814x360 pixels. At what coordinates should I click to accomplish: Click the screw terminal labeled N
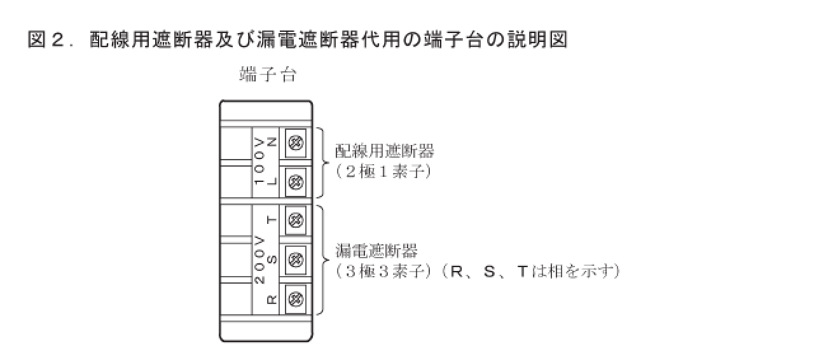(295, 143)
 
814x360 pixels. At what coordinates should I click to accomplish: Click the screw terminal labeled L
(295, 182)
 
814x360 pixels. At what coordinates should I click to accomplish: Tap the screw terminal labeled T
(295, 220)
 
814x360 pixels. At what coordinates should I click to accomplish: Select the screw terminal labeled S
(295, 260)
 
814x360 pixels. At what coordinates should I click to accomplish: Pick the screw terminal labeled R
(295, 298)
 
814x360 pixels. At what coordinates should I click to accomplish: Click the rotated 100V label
(259, 161)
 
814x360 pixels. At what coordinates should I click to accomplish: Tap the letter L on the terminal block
(272, 181)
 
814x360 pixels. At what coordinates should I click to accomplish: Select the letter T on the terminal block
(272, 221)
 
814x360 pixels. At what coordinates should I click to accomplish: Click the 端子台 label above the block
(268, 75)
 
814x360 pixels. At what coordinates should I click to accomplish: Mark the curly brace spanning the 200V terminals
(324, 260)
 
